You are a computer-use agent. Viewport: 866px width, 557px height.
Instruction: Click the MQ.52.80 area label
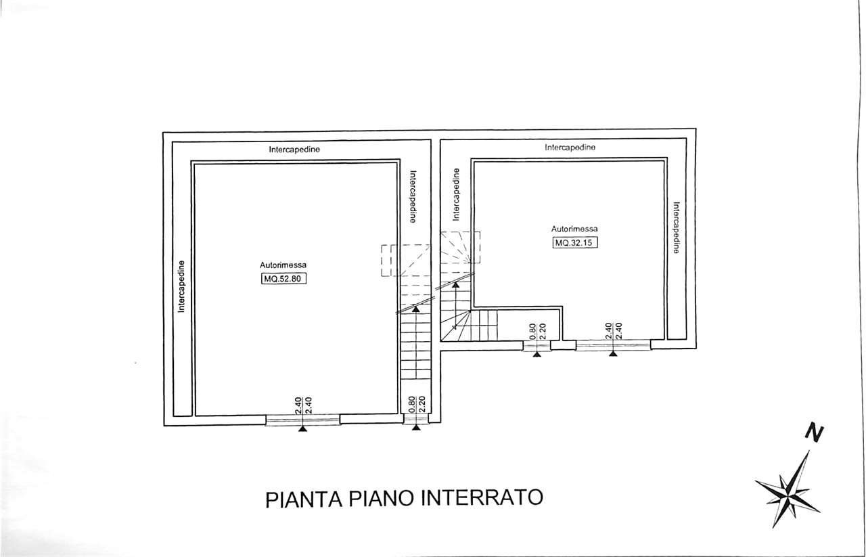click(283, 279)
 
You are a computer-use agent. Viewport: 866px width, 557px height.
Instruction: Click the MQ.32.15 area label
click(575, 242)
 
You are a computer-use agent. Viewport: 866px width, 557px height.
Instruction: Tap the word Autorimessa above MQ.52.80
click(283, 265)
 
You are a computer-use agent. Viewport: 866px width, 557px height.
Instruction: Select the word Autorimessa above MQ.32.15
click(574, 229)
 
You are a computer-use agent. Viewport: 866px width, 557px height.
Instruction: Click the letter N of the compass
click(814, 433)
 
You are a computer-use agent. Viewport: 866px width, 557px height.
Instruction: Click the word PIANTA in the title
click(304, 499)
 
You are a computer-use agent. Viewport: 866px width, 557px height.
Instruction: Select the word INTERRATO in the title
click(482, 497)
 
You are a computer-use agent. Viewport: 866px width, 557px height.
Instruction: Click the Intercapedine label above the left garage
click(294, 150)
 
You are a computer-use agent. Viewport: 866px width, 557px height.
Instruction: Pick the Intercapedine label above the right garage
click(570, 148)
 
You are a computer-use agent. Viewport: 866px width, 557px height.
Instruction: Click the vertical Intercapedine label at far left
click(181, 286)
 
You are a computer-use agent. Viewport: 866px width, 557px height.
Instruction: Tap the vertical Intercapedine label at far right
click(676, 227)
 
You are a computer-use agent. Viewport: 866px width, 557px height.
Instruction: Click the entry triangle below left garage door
click(302, 428)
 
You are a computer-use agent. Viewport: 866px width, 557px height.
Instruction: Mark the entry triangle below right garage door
click(613, 353)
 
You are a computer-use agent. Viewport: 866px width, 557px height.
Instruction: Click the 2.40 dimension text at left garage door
click(298, 405)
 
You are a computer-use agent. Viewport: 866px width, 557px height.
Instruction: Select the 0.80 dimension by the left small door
click(412, 405)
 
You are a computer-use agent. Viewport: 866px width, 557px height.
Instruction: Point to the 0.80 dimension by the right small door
click(532, 332)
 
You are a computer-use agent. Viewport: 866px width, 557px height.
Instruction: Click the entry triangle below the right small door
click(537, 355)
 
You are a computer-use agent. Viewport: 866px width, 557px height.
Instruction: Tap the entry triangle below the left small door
click(416, 428)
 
